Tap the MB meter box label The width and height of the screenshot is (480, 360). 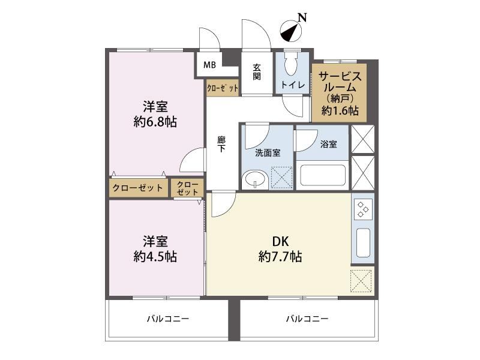(x=209, y=65)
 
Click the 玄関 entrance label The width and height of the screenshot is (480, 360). (x=257, y=72)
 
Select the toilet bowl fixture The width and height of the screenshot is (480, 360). (x=290, y=64)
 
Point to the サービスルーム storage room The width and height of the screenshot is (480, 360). (x=339, y=92)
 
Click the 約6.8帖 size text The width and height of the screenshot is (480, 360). (x=155, y=122)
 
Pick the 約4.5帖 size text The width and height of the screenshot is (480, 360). (x=155, y=257)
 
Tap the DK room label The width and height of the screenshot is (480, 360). (x=281, y=242)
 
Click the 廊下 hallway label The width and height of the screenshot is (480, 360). (x=221, y=145)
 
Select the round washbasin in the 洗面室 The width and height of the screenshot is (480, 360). (x=254, y=180)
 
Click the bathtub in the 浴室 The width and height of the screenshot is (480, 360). (x=323, y=175)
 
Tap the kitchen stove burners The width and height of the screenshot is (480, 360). (x=364, y=209)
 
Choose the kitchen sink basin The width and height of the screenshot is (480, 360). (x=364, y=243)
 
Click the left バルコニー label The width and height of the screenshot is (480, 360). (x=168, y=319)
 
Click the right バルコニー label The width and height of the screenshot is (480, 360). (x=307, y=319)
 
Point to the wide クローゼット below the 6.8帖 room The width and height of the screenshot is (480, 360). (x=139, y=188)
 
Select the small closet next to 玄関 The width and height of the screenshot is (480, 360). (x=222, y=88)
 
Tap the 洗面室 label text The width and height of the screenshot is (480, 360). (x=268, y=153)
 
